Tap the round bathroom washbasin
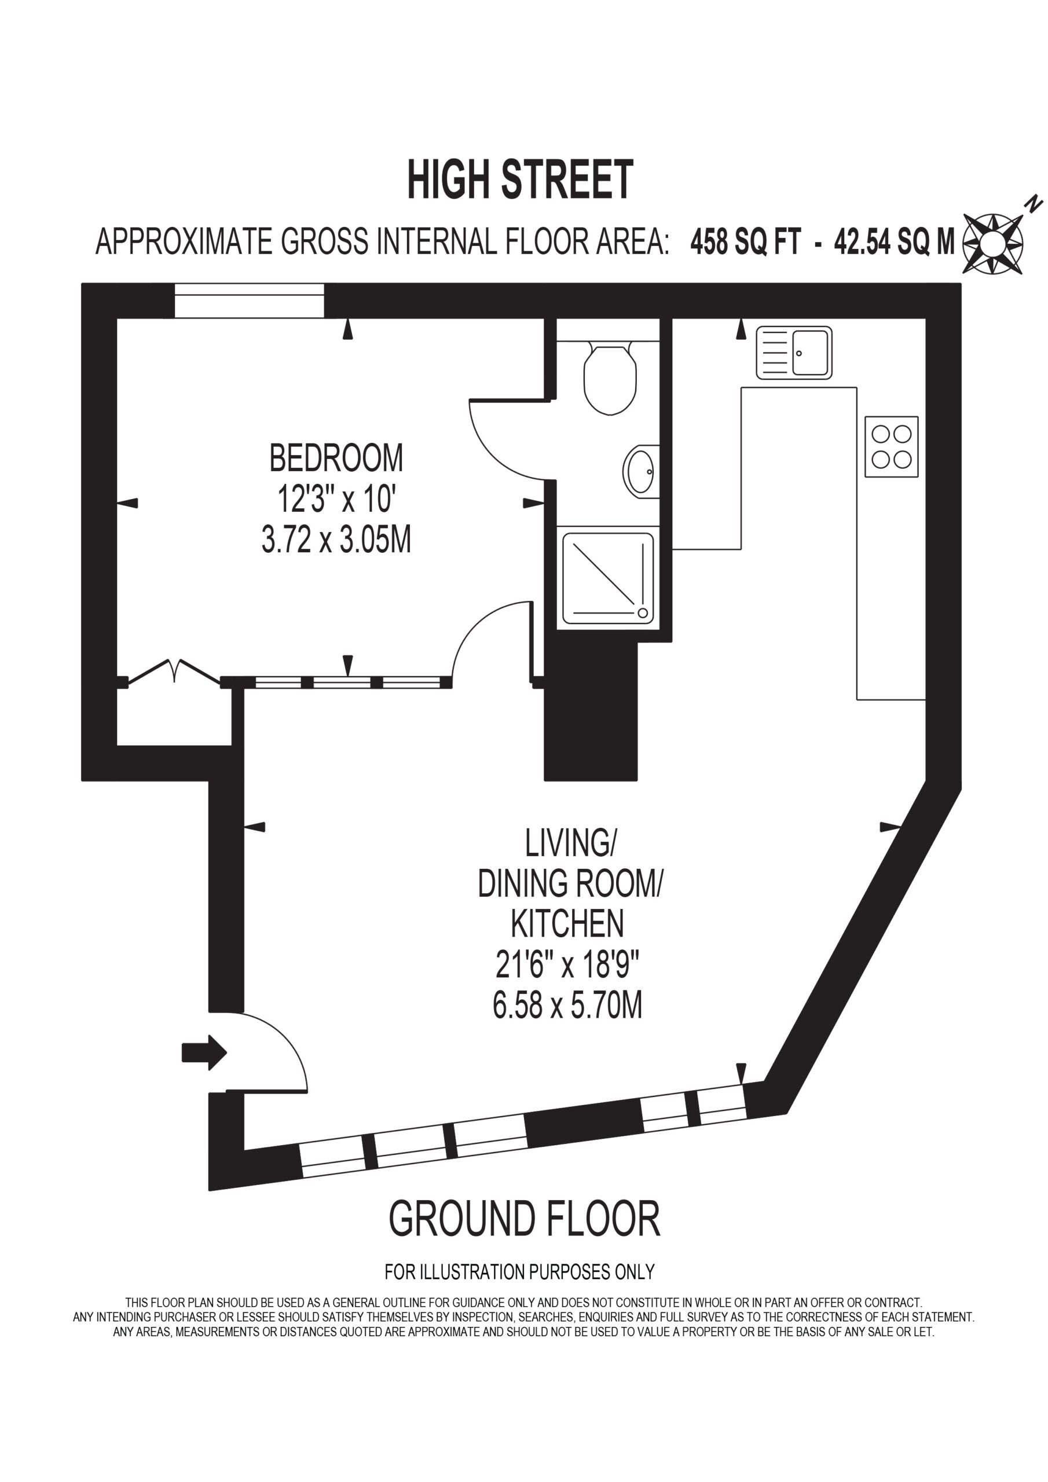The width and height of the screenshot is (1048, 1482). [x=641, y=471]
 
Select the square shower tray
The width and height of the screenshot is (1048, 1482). [x=607, y=578]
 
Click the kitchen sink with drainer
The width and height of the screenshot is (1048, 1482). [x=794, y=353]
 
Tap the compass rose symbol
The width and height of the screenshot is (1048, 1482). [x=992, y=243]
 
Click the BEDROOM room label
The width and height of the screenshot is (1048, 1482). [x=336, y=458]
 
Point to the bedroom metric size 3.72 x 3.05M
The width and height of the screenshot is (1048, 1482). [x=336, y=539]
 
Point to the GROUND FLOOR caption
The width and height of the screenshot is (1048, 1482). [x=525, y=1219]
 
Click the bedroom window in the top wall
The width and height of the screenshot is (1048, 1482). [x=249, y=301]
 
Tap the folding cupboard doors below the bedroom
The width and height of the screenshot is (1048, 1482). [x=174, y=672]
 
